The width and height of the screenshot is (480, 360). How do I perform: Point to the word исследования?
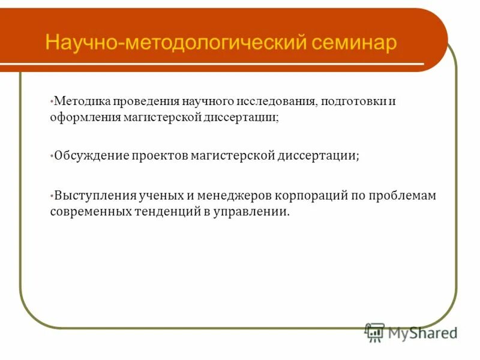271,101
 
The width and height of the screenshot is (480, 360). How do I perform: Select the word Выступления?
95,196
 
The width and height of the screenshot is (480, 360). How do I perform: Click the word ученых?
160,196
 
